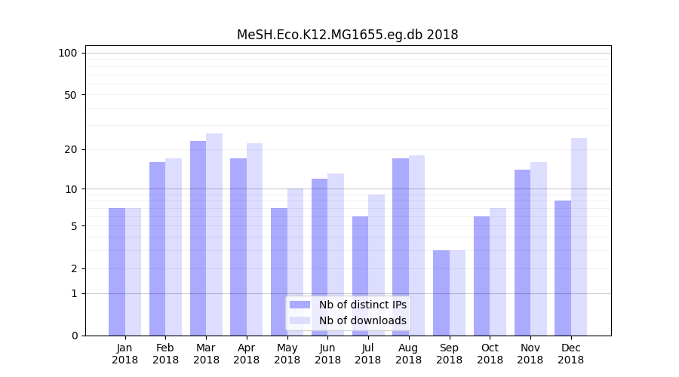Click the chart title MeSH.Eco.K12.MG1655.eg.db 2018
[347, 35]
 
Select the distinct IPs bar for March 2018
[198, 238]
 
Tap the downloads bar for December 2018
[579, 237]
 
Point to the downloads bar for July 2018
[376, 265]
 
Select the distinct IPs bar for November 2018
[522, 253]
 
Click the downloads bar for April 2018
[254, 239]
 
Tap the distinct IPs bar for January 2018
[117, 271]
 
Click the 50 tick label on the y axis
[70, 95]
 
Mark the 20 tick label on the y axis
[70, 149]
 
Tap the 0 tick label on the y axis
[74, 336]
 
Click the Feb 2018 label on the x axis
[165, 354]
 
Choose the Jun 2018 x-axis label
[327, 354]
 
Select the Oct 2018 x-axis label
[490, 354]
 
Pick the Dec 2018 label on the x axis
[570, 354]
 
